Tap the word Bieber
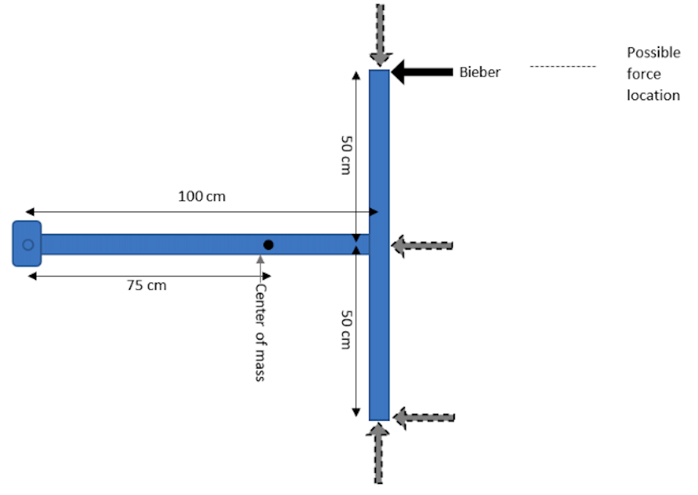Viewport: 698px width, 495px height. (480, 72)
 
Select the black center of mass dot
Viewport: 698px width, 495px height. (268, 244)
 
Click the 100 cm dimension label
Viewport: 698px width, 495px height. (202, 197)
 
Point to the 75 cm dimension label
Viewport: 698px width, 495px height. (146, 285)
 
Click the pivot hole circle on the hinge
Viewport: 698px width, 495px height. (28, 244)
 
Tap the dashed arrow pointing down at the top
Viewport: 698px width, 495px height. (380, 34)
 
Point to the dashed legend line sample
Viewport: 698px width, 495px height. (563, 66)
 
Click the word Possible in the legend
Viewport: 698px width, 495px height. (653, 53)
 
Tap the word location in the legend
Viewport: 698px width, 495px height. (653, 95)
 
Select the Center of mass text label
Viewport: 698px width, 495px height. (261, 332)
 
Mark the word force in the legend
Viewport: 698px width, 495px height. (643, 74)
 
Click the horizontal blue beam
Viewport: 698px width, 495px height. (154, 244)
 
